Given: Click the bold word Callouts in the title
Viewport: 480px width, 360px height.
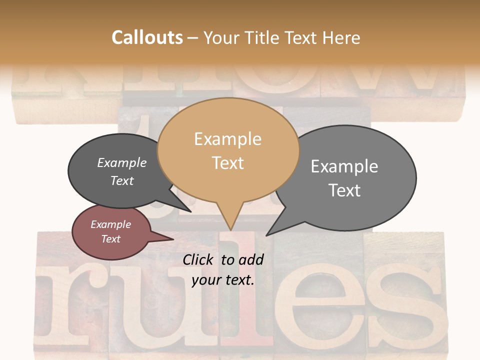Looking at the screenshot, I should pos(147,37).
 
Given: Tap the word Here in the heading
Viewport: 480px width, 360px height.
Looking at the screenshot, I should pos(340,37).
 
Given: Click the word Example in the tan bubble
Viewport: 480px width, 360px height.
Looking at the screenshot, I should pos(227,139).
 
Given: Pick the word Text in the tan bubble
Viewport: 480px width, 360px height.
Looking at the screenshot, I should pos(227,163).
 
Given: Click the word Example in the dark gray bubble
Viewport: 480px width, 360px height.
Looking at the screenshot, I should pos(121,162).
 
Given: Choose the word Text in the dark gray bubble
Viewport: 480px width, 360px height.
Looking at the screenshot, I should pos(121,180).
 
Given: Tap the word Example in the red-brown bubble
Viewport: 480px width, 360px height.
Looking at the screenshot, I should pos(110,224).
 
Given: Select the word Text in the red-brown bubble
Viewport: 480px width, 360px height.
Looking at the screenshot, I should pos(110,239).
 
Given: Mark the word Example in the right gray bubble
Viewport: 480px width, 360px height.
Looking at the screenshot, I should pos(344,166).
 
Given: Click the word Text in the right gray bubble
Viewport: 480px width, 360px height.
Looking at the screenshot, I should pos(344,190).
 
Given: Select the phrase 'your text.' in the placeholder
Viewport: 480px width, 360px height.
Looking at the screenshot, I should pos(223,280).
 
